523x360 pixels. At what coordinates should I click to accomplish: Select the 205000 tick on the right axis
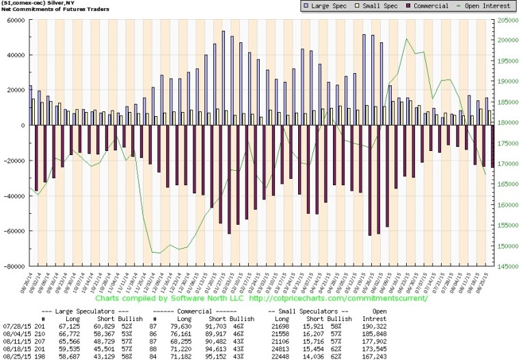click(x=505, y=20)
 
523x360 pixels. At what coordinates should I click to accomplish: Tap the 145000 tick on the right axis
click(x=505, y=266)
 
